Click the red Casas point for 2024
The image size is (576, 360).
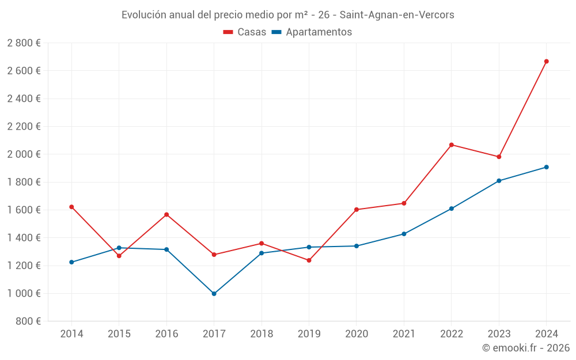(546, 61)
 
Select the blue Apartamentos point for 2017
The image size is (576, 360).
(214, 294)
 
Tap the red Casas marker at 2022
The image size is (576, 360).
(451, 145)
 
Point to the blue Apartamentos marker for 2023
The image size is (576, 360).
(499, 181)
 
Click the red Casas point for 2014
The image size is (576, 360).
(71, 207)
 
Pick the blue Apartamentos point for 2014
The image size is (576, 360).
(71, 262)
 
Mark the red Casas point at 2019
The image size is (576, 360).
(309, 260)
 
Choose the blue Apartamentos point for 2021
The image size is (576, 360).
(404, 234)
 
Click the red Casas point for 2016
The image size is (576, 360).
(166, 215)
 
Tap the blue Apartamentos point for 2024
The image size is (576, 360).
(546, 167)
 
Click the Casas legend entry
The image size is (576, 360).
(245, 32)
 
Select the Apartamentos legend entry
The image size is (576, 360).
(312, 32)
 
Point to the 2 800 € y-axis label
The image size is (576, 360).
(24, 43)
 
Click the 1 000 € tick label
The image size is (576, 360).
(24, 293)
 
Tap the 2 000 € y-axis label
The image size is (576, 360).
(24, 154)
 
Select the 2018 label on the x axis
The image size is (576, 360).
(262, 334)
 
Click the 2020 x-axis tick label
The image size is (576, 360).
(356, 334)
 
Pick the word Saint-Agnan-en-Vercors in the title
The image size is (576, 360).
(399, 15)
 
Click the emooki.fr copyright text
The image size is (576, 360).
(526, 348)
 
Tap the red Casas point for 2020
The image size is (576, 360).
(356, 210)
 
